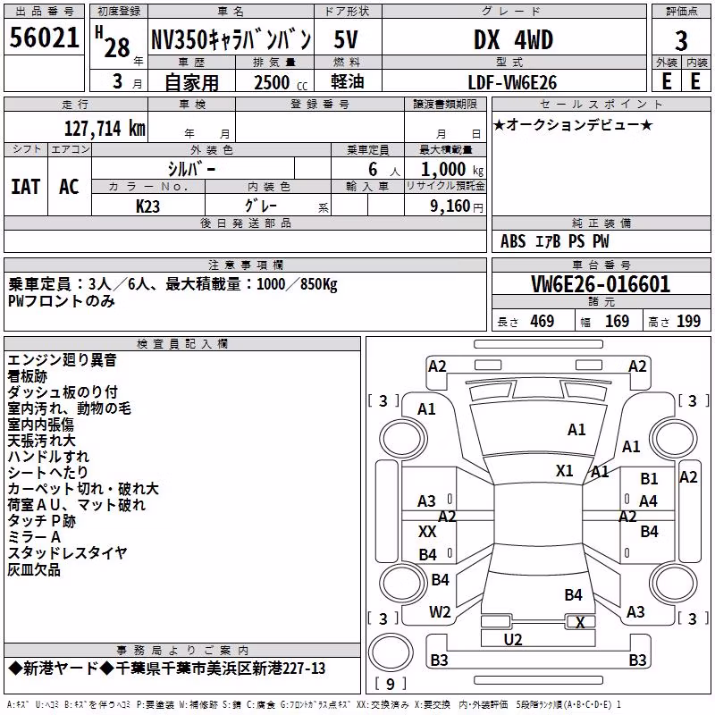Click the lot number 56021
(x=44, y=38)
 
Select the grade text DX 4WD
(x=513, y=39)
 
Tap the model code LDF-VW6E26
(x=512, y=82)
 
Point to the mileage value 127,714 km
(x=105, y=129)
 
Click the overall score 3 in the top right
(x=681, y=41)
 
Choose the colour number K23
(x=147, y=206)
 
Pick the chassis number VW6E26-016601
(x=601, y=284)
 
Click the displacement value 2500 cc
(x=281, y=82)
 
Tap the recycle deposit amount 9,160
(x=450, y=206)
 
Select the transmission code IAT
(x=25, y=187)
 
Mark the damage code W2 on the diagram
(x=440, y=612)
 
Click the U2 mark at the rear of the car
(x=513, y=640)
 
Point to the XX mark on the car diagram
(x=427, y=532)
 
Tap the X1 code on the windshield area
(x=565, y=471)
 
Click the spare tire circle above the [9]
(x=391, y=652)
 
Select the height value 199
(x=688, y=322)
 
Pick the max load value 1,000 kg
(x=452, y=170)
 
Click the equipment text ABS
(x=513, y=241)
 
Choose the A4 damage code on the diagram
(x=648, y=501)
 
